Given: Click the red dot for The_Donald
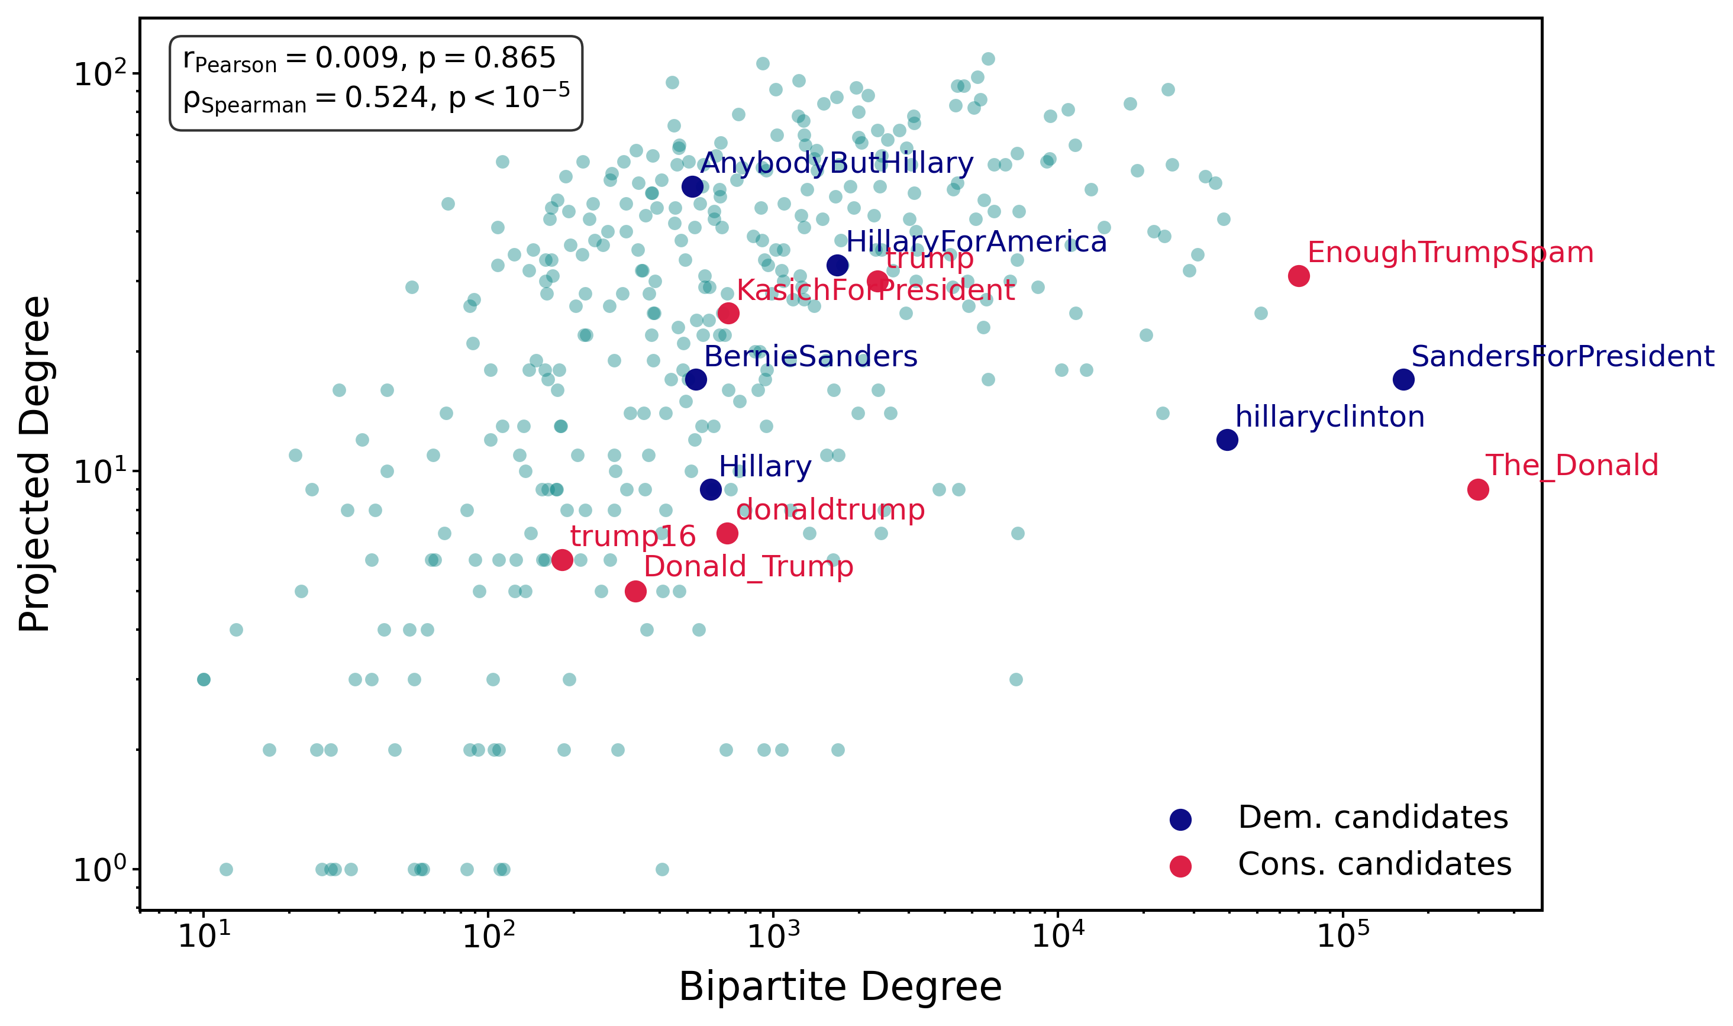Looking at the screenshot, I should (1478, 489).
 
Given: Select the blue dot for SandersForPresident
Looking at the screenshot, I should (1403, 379).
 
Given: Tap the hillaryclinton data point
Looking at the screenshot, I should (1227, 440).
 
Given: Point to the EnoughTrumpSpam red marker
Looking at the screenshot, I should (1299, 276).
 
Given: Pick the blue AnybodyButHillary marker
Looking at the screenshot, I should (693, 186).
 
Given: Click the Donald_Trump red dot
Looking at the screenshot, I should (635, 591).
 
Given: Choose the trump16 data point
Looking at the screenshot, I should (562, 560).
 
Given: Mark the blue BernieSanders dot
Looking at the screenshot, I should (695, 379).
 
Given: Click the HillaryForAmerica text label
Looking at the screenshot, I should (976, 242).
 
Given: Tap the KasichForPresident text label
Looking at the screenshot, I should (875, 291).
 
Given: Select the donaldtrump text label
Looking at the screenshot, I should (830, 510).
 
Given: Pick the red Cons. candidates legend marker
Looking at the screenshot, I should (1181, 866).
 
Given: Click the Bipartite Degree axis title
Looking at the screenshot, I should (840, 986).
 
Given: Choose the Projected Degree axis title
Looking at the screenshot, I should (34, 464).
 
